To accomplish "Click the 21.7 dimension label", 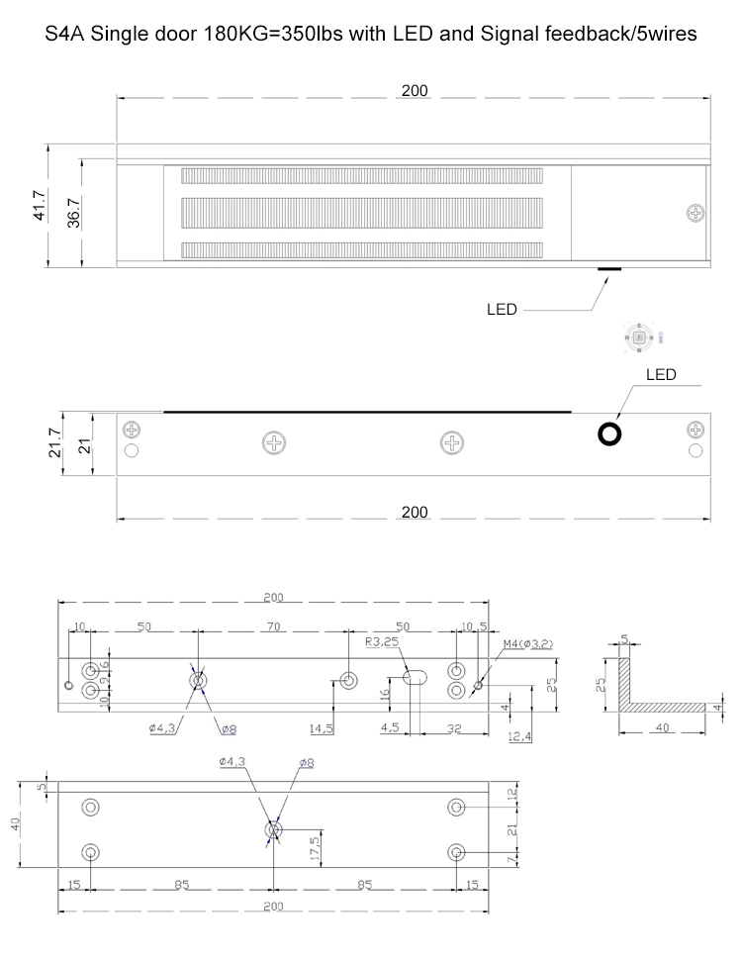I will [56, 441].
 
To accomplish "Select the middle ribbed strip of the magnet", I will [361, 211].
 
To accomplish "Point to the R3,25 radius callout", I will [382, 642].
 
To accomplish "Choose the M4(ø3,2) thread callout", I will [527, 644].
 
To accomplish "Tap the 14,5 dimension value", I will [322, 728].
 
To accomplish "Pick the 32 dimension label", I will [453, 728].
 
